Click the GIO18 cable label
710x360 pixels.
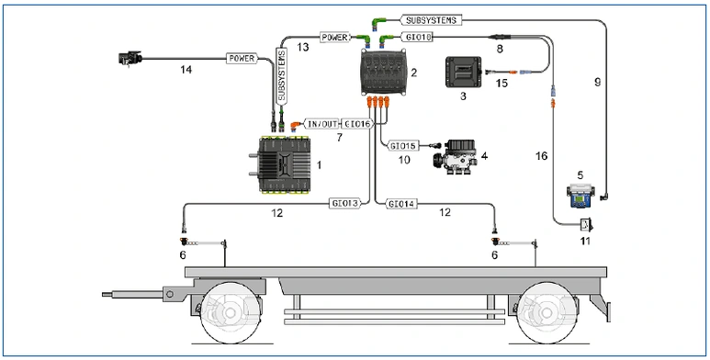[x=417, y=37]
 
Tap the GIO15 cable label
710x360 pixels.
[x=402, y=146]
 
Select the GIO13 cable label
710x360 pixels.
[x=345, y=204]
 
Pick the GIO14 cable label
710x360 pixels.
[x=401, y=204]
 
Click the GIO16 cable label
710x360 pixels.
[x=357, y=124]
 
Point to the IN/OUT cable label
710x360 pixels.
[x=322, y=124]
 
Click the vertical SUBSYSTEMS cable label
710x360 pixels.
[x=282, y=74]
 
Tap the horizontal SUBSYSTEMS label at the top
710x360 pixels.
[x=432, y=20]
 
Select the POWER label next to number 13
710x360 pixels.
[x=335, y=37]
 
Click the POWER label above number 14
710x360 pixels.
[x=242, y=58]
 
